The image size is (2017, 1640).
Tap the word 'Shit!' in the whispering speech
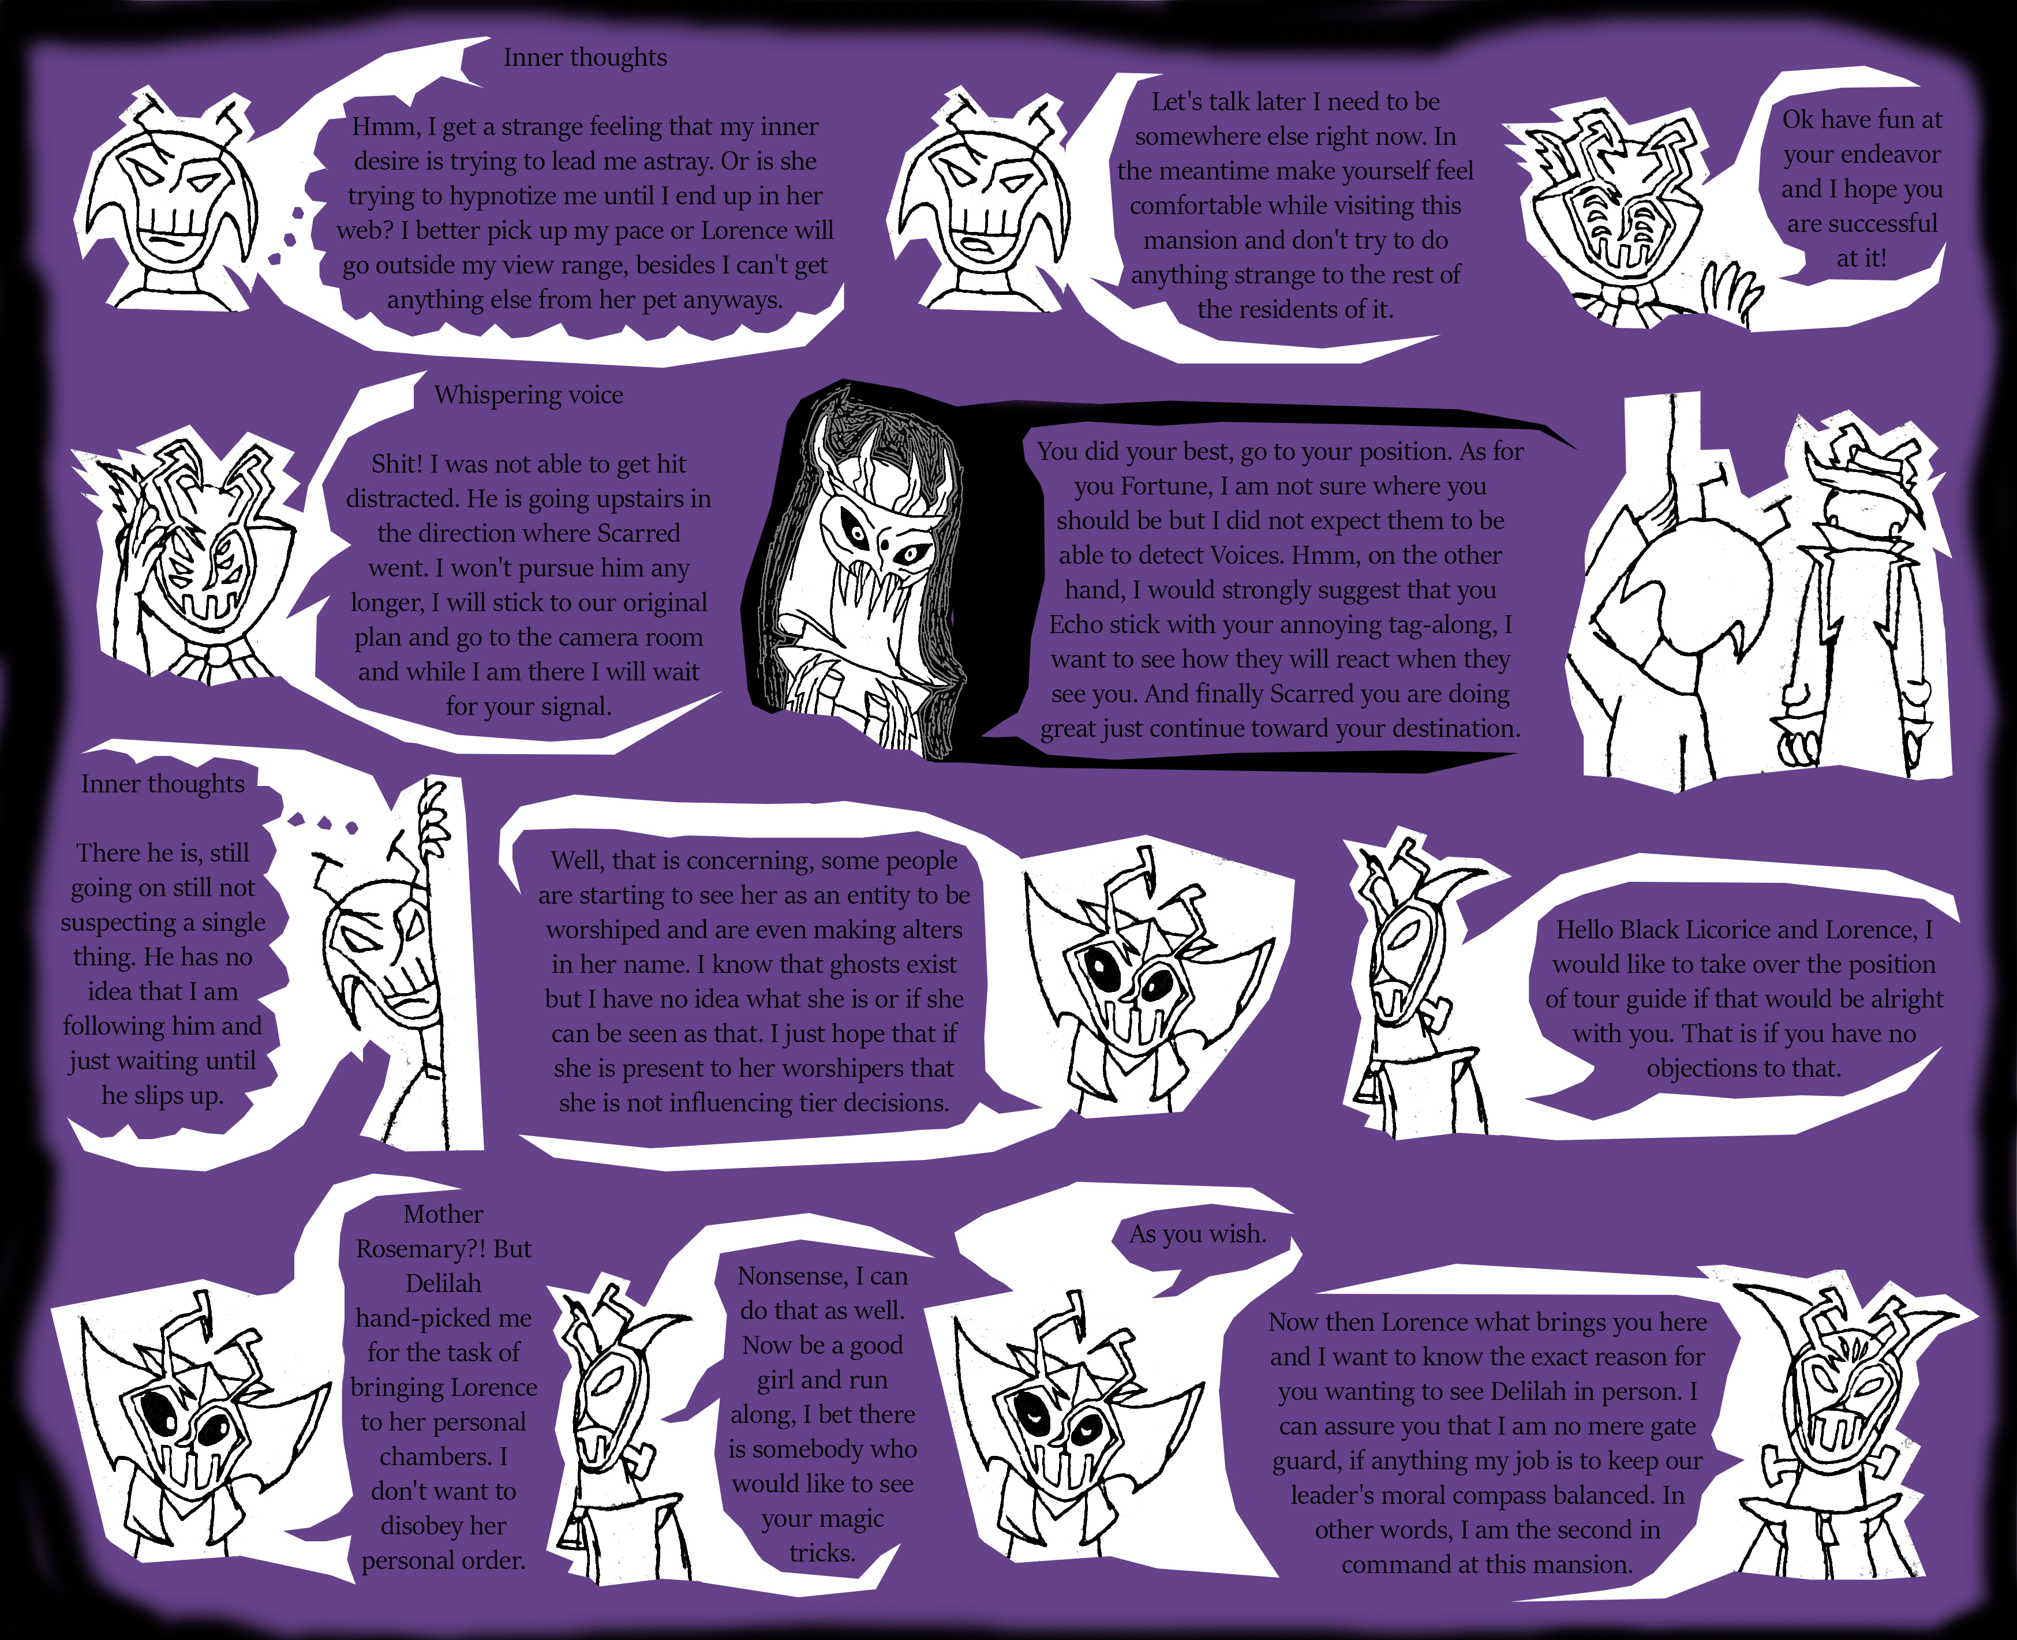click(x=397, y=464)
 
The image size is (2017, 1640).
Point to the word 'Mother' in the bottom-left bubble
click(x=443, y=1214)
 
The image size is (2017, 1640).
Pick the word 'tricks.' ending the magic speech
click(x=822, y=1553)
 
